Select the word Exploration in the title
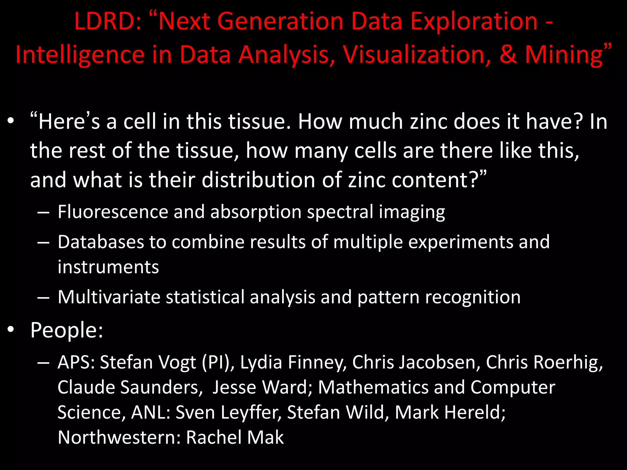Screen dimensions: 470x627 [474, 21]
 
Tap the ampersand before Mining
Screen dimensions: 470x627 [508, 54]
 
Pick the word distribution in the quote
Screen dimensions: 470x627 [259, 180]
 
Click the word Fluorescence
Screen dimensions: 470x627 [113, 212]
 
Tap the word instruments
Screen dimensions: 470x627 [108, 267]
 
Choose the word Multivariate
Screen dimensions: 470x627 [109, 297]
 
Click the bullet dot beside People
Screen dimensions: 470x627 [11, 330]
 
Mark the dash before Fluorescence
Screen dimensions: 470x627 [43, 212]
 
